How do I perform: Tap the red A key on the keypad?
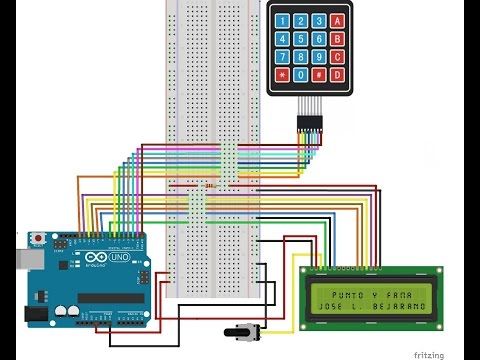(x=338, y=20)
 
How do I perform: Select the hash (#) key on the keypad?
(x=319, y=75)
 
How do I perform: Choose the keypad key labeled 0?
(x=300, y=75)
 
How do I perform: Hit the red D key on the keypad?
(x=338, y=75)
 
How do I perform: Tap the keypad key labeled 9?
(x=319, y=57)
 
